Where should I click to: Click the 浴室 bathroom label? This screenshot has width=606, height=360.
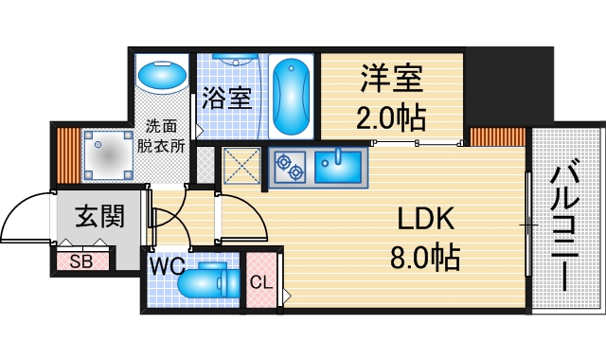coord(227,98)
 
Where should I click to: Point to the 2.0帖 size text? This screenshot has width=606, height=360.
coord(391,117)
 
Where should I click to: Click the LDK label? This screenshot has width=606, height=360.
coord(426,220)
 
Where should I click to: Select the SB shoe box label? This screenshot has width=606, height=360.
coord(81,261)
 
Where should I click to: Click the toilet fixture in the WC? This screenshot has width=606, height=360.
coord(209,282)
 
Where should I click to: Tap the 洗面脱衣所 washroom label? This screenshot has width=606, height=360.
coord(161,135)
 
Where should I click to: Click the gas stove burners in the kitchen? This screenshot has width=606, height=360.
coord(290,168)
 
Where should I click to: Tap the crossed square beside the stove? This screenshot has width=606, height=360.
coord(241,168)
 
